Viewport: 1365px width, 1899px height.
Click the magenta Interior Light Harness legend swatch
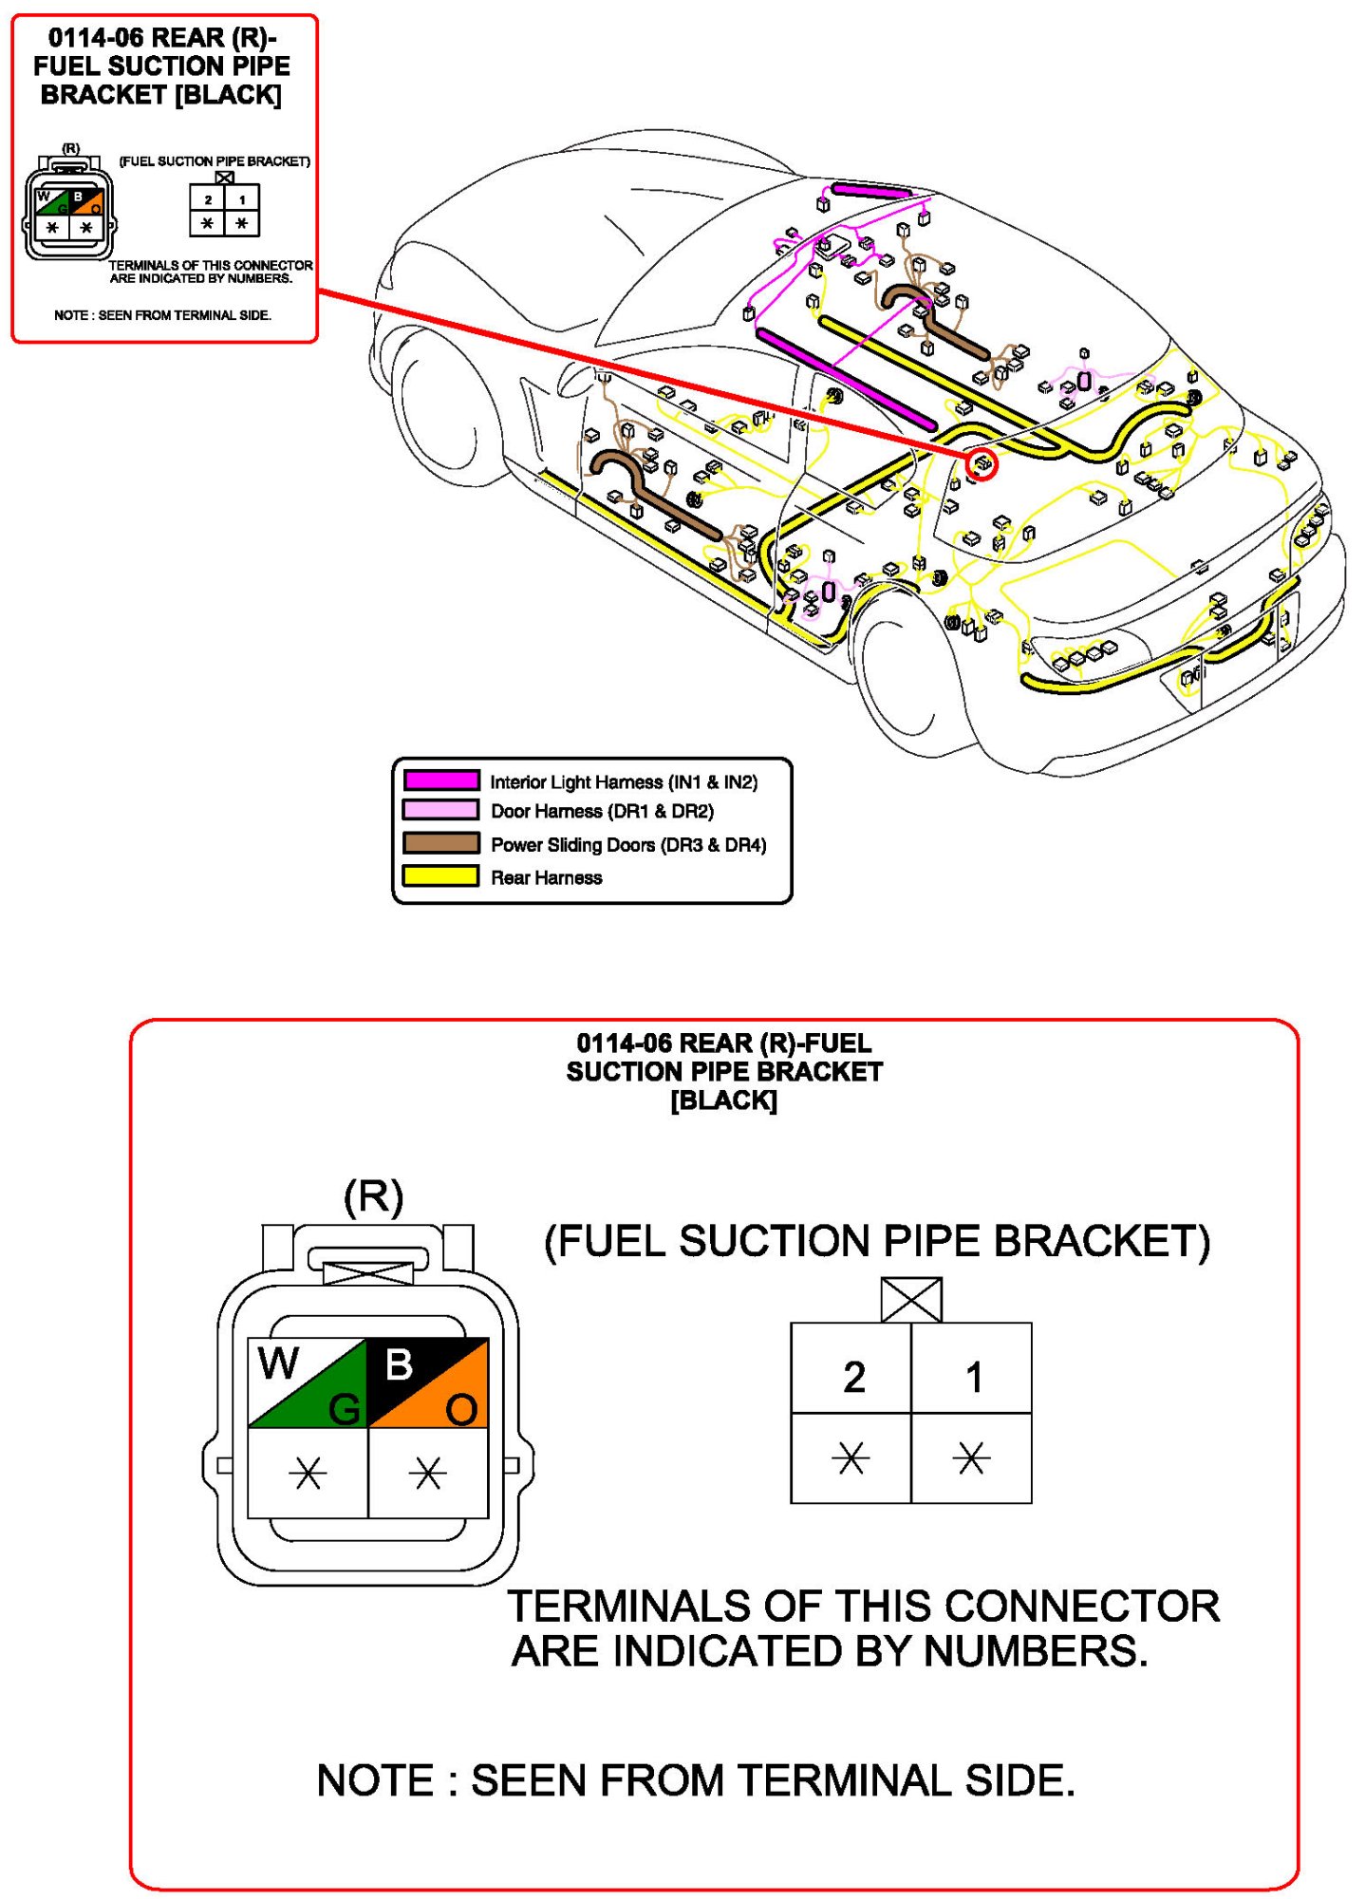tap(440, 780)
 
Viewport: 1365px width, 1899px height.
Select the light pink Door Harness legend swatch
tap(440, 810)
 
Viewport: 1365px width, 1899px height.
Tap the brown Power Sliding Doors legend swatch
tap(440, 843)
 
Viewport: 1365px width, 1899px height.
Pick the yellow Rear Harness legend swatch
tap(440, 876)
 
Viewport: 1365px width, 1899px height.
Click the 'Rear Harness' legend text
tap(546, 877)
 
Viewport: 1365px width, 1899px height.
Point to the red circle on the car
tap(982, 464)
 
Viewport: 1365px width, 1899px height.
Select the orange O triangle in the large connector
tap(446, 1401)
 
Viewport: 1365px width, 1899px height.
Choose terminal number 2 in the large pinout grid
tap(852, 1376)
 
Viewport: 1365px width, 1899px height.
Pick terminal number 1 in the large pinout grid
tap(973, 1376)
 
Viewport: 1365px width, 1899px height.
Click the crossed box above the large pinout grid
tap(911, 1299)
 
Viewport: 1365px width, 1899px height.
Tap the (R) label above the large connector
tap(373, 1196)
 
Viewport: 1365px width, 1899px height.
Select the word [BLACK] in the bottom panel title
tap(723, 1100)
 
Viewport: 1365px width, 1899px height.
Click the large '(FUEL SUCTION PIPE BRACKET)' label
tap(877, 1241)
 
